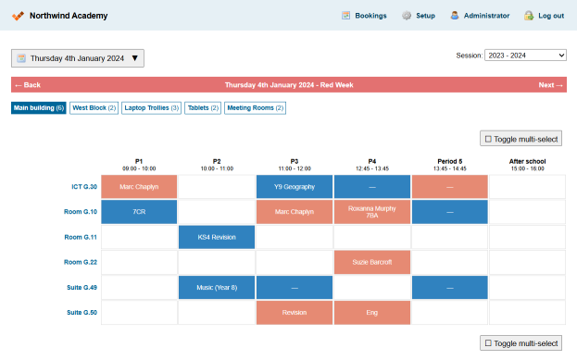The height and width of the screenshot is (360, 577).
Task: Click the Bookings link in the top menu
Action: click(x=364, y=16)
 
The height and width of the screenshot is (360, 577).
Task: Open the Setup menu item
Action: click(x=419, y=16)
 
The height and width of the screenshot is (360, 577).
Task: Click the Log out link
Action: click(x=544, y=16)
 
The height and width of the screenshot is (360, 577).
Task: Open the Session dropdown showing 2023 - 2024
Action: click(x=525, y=56)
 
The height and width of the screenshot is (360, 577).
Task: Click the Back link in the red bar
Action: click(x=28, y=85)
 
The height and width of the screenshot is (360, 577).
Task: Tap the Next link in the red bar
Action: click(x=550, y=85)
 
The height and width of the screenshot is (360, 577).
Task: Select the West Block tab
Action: click(x=94, y=108)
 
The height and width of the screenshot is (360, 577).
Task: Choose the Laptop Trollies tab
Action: click(x=151, y=108)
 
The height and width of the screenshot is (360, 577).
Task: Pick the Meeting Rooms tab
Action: click(x=255, y=108)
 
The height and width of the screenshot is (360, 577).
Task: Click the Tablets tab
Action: click(x=203, y=108)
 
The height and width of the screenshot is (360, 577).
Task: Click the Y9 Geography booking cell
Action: click(x=295, y=187)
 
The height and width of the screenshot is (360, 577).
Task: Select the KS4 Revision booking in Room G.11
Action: click(x=217, y=237)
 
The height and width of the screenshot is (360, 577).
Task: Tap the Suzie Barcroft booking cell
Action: click(x=372, y=262)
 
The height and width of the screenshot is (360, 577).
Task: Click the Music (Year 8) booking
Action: click(x=217, y=288)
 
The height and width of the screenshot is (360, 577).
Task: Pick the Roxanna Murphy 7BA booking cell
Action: click(x=372, y=212)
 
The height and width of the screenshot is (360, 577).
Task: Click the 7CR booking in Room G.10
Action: click(x=139, y=212)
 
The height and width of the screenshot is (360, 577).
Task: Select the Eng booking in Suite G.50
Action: click(x=372, y=313)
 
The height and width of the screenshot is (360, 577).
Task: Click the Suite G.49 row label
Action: click(x=82, y=288)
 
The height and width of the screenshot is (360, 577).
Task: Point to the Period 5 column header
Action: click(x=450, y=165)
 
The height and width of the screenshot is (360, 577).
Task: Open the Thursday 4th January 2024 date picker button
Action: click(x=78, y=58)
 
